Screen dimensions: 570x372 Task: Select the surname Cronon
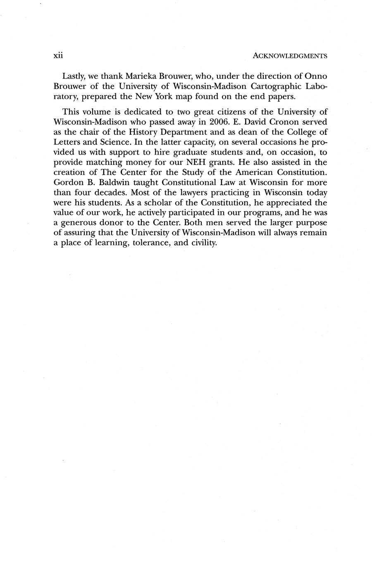(x=283, y=122)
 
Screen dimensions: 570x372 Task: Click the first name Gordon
(x=69, y=183)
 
